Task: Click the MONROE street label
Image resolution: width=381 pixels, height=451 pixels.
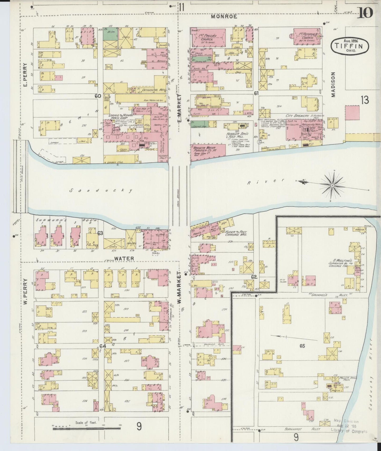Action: (x=224, y=16)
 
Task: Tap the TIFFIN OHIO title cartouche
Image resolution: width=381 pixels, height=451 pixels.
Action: (x=350, y=46)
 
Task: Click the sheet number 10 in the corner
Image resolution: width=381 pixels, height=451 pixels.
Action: (x=365, y=12)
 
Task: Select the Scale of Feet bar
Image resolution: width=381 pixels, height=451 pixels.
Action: (x=86, y=429)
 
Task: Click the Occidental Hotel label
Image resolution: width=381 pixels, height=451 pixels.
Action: (x=154, y=90)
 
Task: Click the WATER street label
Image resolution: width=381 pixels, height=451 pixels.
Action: (x=124, y=259)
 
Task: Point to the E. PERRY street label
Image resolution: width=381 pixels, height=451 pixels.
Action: (x=26, y=75)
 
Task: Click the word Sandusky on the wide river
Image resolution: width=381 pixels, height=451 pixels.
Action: (x=101, y=191)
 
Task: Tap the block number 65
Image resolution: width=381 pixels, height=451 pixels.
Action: (x=302, y=346)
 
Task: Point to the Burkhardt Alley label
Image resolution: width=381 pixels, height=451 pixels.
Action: (x=304, y=429)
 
